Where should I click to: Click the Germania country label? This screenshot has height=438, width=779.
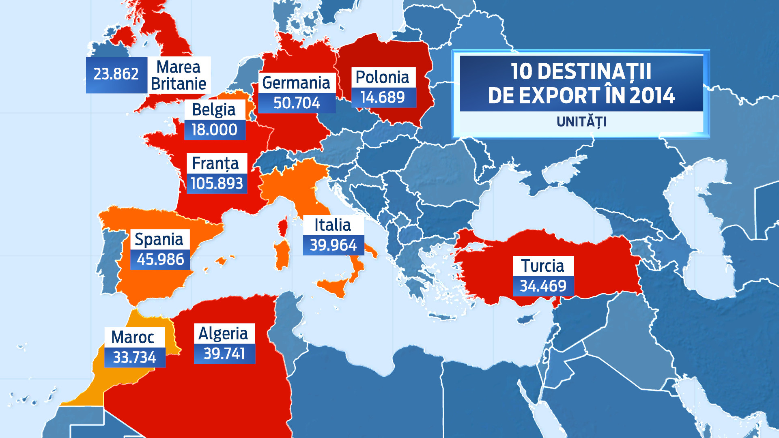(296, 83)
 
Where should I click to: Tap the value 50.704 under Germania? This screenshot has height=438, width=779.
(297, 103)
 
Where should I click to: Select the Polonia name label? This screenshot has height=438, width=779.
(383, 77)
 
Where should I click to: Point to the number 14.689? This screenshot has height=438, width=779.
(383, 97)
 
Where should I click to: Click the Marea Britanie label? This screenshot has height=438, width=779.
(179, 75)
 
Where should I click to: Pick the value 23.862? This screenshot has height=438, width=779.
(116, 74)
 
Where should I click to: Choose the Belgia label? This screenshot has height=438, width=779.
(214, 109)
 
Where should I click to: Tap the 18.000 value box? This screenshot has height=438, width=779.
(214, 130)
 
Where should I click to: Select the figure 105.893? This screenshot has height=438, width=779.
(217, 184)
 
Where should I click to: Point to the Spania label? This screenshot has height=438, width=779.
(159, 239)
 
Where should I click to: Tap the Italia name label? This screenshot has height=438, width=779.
(333, 225)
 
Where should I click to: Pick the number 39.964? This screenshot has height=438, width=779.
(333, 245)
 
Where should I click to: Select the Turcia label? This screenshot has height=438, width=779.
(543, 266)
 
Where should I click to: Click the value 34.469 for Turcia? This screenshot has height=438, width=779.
(543, 286)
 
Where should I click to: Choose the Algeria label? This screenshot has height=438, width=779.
(224, 333)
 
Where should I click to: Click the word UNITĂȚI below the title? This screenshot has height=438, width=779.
(581, 122)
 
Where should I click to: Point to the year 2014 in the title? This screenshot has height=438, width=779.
(652, 96)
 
